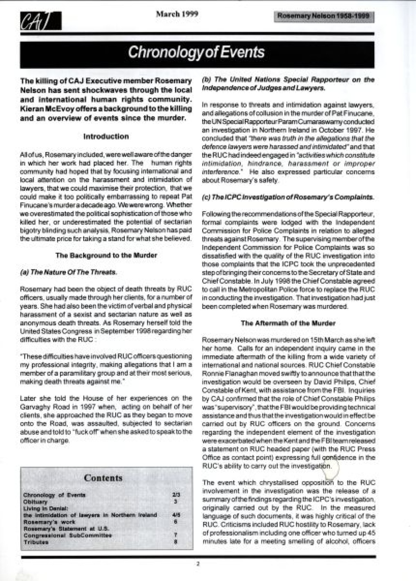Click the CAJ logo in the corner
point(41,21)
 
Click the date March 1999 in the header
point(177,14)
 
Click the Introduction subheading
point(106,136)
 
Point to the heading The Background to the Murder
point(106,255)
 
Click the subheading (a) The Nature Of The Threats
point(69,272)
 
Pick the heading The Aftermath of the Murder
point(288,323)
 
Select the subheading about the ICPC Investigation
point(288,197)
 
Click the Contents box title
point(103,478)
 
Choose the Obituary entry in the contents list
point(35,502)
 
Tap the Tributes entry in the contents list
point(36,542)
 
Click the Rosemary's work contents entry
point(49,522)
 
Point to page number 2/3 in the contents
point(176,495)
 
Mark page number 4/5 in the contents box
point(176,515)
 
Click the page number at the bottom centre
point(198,564)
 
